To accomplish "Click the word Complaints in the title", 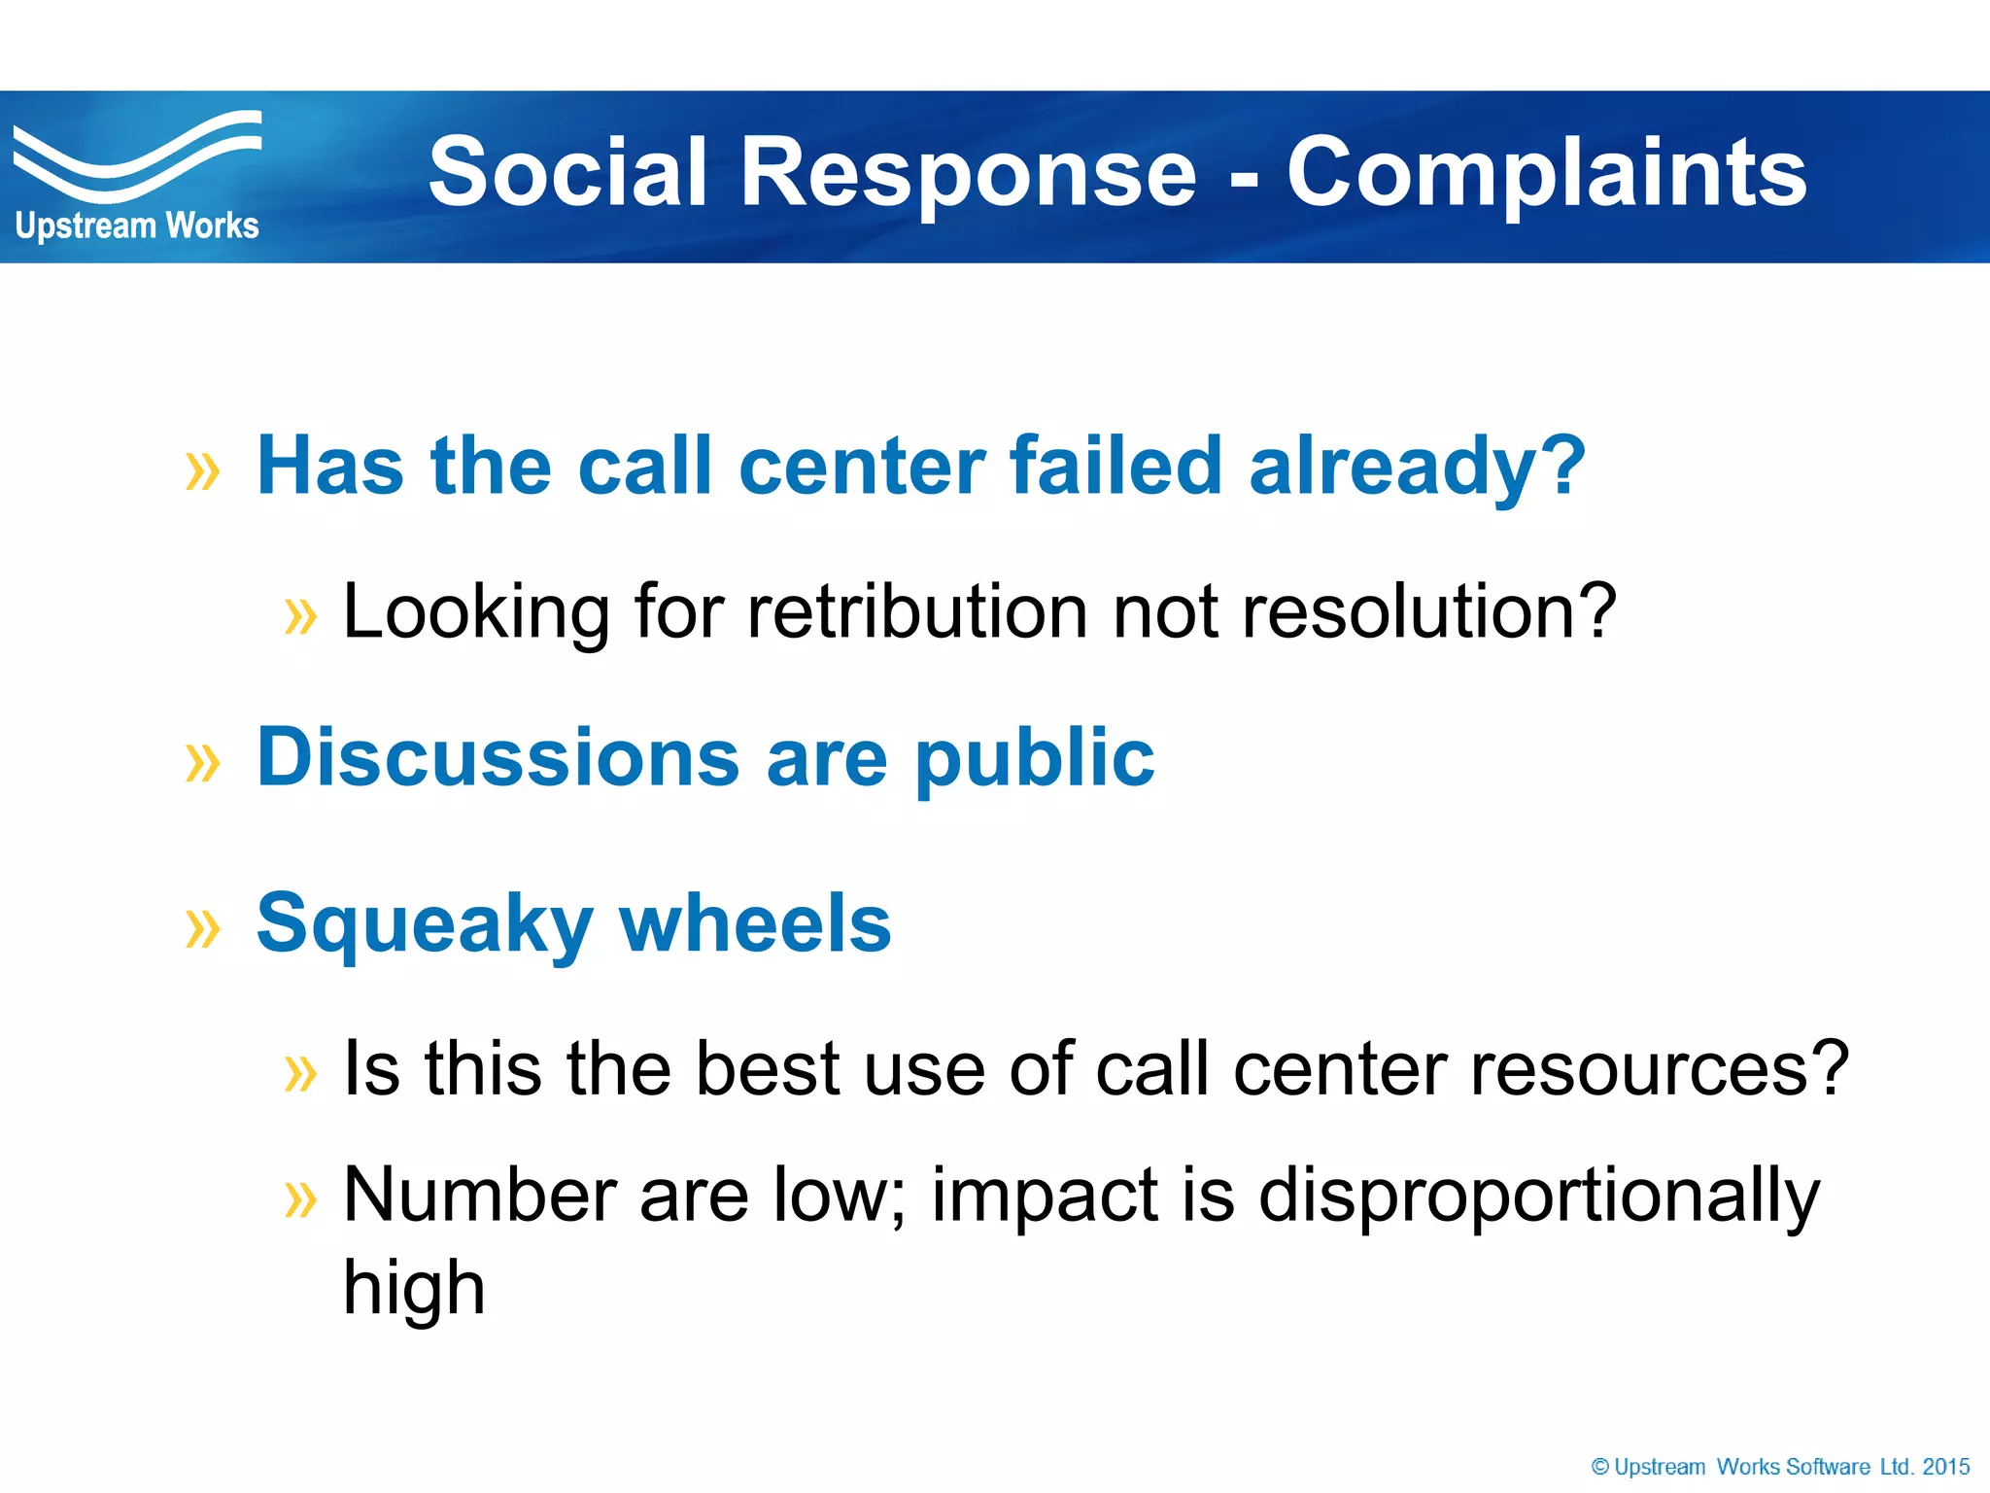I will point(1546,173).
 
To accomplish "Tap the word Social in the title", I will point(566,173).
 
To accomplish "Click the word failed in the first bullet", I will point(1115,466).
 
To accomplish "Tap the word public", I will point(1034,759).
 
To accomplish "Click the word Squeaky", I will point(424,924).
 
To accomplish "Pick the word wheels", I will point(755,922).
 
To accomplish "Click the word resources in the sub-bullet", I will point(1659,1068).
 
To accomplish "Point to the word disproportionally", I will point(1538,1196).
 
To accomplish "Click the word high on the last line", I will point(414,1288).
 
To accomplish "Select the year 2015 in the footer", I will point(1946,1467).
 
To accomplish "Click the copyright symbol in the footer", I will point(1600,1467).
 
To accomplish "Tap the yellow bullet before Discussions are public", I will point(203,763).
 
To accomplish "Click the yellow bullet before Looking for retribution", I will point(300,616).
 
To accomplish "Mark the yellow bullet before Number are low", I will point(300,1199).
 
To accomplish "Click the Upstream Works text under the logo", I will point(137,226).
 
